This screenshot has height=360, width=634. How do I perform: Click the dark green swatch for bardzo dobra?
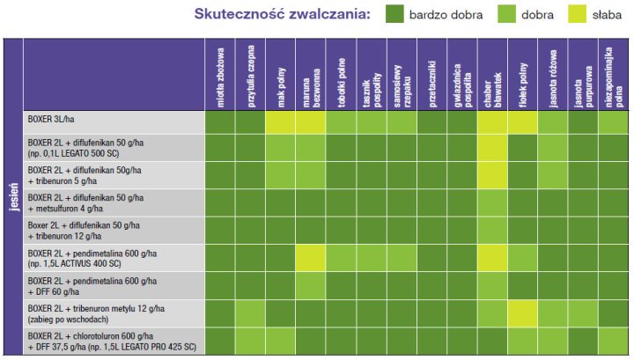pyautogui.click(x=395, y=15)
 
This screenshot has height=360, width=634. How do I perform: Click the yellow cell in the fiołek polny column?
pyautogui.click(x=522, y=312)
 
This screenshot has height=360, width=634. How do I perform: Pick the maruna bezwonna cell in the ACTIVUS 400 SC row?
pyautogui.click(x=310, y=257)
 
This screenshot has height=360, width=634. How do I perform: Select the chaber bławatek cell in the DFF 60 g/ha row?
pyautogui.click(x=492, y=285)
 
